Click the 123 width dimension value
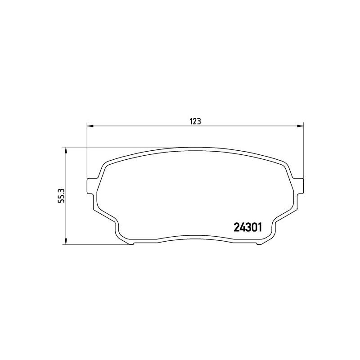click(x=194, y=121)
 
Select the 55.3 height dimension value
click(x=63, y=196)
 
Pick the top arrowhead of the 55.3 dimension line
click(x=66, y=150)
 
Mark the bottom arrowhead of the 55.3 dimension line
click(x=66, y=242)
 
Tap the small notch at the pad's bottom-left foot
click(x=131, y=243)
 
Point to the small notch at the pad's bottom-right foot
click(x=258, y=243)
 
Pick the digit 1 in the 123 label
click(x=191, y=121)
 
